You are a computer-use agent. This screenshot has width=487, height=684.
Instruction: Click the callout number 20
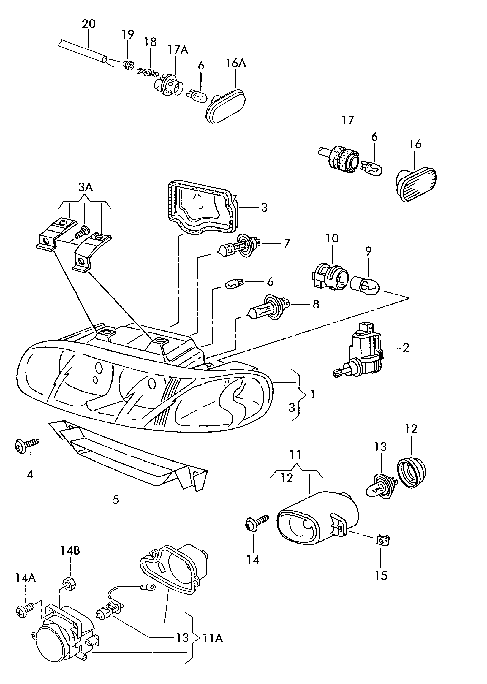tap(89, 23)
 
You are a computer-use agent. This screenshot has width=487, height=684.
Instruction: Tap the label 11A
tap(213, 639)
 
